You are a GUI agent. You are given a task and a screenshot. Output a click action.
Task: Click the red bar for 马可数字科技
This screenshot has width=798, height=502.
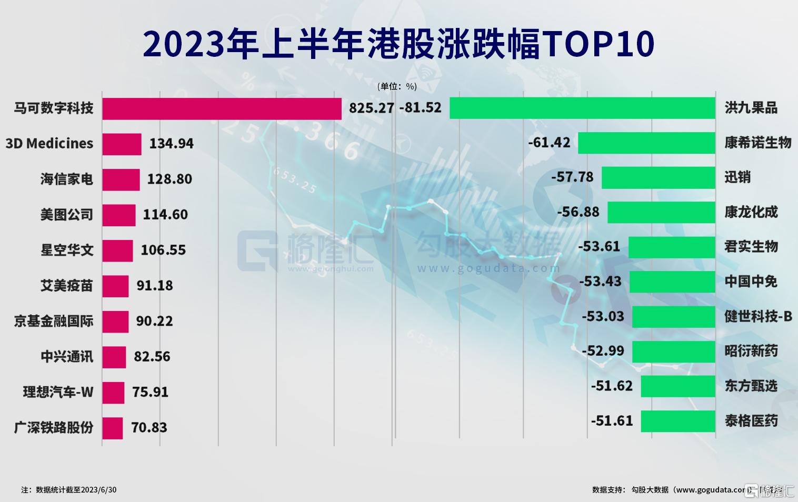click(222, 108)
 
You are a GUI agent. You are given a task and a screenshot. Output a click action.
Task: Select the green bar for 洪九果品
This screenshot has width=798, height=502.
click(582, 108)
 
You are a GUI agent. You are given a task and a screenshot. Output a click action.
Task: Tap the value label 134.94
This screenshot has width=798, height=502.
click(171, 144)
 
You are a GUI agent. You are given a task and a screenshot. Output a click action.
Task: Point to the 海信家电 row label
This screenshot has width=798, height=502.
click(67, 179)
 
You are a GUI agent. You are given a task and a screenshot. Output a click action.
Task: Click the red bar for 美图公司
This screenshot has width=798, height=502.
click(118, 215)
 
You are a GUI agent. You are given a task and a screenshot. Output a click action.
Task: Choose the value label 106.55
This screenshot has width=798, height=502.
click(163, 250)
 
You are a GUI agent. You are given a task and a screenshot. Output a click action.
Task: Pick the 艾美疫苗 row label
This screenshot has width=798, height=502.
click(67, 286)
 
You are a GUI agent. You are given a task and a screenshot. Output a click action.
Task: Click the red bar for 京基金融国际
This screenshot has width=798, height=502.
click(115, 322)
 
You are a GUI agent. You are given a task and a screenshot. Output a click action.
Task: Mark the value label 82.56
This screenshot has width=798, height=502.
click(152, 357)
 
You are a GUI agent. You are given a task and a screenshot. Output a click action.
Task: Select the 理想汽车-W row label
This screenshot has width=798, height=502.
click(58, 392)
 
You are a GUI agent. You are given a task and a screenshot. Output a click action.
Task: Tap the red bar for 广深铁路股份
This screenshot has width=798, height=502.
click(112, 428)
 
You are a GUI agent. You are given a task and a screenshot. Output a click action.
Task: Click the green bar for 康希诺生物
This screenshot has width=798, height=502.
click(646, 143)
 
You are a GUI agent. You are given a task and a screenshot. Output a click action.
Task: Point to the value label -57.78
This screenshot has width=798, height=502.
click(572, 177)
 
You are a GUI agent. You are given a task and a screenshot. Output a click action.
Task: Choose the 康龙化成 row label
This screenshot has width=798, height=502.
click(751, 212)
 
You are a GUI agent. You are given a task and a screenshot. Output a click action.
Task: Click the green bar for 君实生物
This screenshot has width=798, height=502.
click(671, 247)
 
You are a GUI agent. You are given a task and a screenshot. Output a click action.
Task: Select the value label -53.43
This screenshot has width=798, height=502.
click(600, 282)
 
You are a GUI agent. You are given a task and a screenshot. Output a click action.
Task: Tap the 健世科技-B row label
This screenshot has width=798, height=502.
click(758, 316)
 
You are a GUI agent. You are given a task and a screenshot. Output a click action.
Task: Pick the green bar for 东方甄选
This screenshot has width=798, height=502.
click(677, 386)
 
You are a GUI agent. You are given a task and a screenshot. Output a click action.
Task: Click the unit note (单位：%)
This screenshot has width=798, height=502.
click(397, 86)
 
